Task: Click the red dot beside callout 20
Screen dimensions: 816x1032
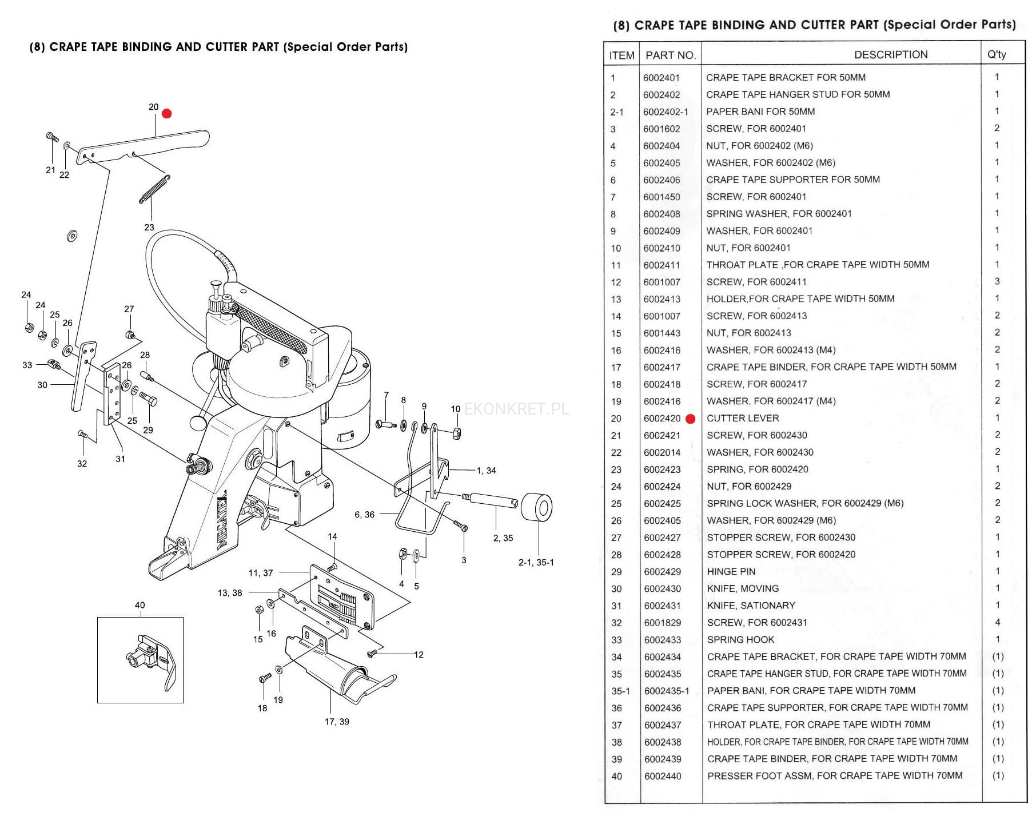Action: click(167, 114)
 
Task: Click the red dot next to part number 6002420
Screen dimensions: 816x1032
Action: click(690, 419)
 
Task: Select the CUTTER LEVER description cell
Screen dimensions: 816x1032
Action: click(743, 418)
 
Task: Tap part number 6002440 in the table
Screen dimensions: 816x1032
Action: click(663, 776)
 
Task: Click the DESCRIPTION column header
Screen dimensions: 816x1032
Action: click(890, 55)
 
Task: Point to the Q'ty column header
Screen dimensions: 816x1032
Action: click(997, 55)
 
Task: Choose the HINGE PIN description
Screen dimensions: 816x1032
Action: click(731, 571)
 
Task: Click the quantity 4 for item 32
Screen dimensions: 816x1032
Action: click(997, 622)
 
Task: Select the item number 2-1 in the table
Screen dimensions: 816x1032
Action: click(616, 112)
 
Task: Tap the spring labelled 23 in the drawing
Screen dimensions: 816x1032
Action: click(154, 189)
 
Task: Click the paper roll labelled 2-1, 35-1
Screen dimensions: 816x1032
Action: click(537, 507)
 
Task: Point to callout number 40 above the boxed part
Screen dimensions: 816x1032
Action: click(140, 605)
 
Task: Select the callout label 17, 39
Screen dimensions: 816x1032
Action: click(337, 722)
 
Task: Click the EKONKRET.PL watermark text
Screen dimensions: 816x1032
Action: click(516, 409)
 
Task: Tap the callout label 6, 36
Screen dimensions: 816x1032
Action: click(364, 515)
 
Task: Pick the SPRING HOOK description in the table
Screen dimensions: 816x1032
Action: click(740, 639)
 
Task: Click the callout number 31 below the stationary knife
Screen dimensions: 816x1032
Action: click(120, 459)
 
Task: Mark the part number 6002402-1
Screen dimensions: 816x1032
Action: click(666, 112)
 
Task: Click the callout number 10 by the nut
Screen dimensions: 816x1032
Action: click(455, 409)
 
